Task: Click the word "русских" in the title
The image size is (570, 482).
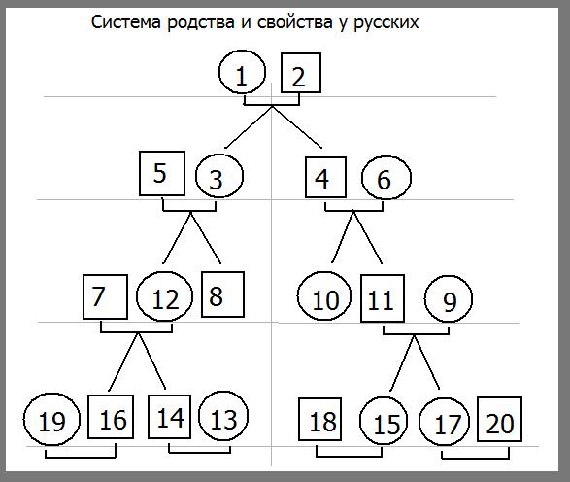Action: coord(386,22)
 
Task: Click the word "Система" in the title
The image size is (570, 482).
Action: coord(126,21)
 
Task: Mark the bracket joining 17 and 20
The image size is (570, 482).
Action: coord(476,458)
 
